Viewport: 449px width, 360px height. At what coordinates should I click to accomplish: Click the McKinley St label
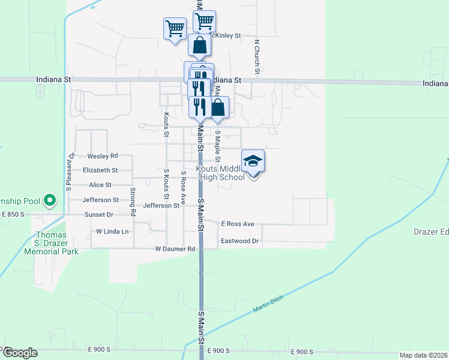[x=227, y=35]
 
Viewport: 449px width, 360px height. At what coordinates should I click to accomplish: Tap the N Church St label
[x=256, y=57]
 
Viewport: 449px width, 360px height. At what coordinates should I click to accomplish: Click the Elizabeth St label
[x=100, y=170]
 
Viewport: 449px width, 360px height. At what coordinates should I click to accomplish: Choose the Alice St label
[x=100, y=185]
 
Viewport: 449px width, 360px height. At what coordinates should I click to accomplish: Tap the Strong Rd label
[x=133, y=201]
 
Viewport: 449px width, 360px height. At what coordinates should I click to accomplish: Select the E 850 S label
[x=13, y=214]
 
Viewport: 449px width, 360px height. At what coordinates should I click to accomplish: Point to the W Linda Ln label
[x=113, y=231]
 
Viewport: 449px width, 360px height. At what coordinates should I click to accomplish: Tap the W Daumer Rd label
[x=175, y=248]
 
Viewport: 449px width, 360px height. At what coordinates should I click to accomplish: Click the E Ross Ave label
[x=238, y=224]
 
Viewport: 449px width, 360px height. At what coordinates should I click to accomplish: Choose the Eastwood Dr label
[x=240, y=241]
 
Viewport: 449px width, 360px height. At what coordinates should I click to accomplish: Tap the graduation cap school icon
[x=253, y=161]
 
